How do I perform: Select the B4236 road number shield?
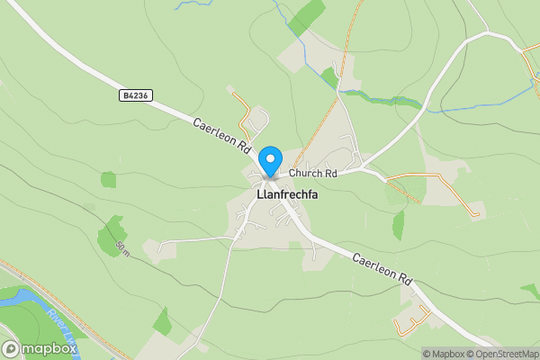pyautogui.click(x=133, y=94)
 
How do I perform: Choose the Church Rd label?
pyautogui.click(x=312, y=173)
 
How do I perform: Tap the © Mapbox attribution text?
pyautogui.click(x=447, y=353)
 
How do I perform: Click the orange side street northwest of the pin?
pyautogui.click(x=243, y=112)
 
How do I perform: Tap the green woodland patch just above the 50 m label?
pyautogui.click(x=114, y=229)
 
